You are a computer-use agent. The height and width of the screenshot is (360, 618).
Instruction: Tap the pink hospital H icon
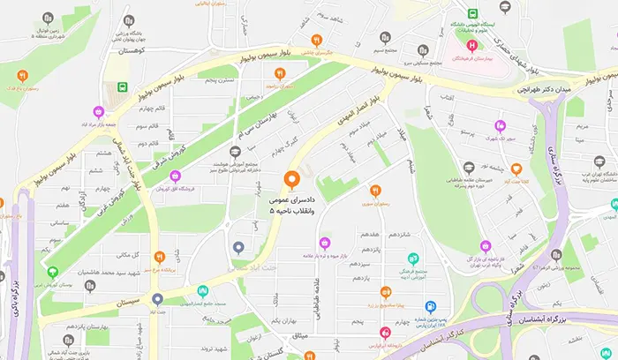click(471, 44)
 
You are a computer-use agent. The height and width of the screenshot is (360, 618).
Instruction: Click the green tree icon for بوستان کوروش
click(52, 272)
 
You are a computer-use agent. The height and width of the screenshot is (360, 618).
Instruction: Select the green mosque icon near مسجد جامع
click(203, 290)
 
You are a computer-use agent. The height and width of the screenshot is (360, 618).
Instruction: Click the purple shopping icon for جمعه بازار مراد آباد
click(100, 112)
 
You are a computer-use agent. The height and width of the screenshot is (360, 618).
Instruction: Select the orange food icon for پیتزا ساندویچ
click(385, 292)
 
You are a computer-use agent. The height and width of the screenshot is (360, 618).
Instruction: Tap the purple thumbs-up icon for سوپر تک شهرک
click(500, 125)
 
